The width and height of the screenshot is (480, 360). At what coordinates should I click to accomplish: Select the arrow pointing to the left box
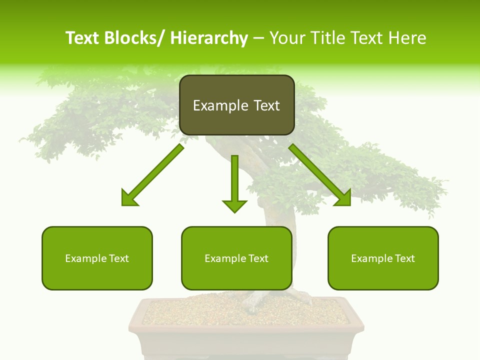click(x=152, y=175)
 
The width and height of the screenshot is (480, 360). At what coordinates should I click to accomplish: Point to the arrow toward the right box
click(x=320, y=175)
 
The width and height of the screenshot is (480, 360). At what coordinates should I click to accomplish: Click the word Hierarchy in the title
click(x=209, y=38)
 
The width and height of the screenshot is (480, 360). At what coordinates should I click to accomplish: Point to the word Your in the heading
click(x=287, y=38)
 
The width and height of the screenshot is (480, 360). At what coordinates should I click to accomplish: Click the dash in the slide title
click(x=258, y=38)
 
